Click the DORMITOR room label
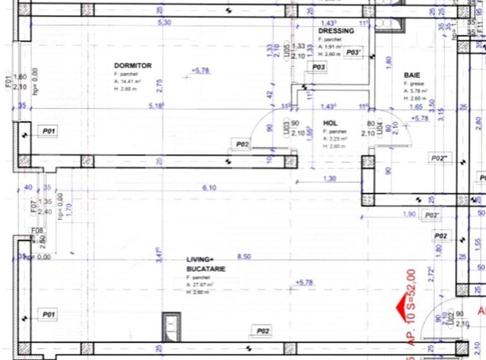pyautogui.click(x=133, y=65)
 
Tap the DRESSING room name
pyautogui.click(x=336, y=31)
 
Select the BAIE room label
pyautogui.click(x=411, y=75)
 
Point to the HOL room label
pyautogui.click(x=330, y=122)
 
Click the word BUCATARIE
pyautogui.click(x=205, y=268)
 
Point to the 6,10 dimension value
pyautogui.click(x=210, y=188)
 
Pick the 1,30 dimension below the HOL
pyautogui.click(x=329, y=179)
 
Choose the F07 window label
pyautogui.click(x=34, y=206)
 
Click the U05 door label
pyautogui.click(x=287, y=52)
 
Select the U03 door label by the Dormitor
pyautogui.click(x=286, y=128)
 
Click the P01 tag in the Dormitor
pyautogui.click(x=49, y=132)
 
